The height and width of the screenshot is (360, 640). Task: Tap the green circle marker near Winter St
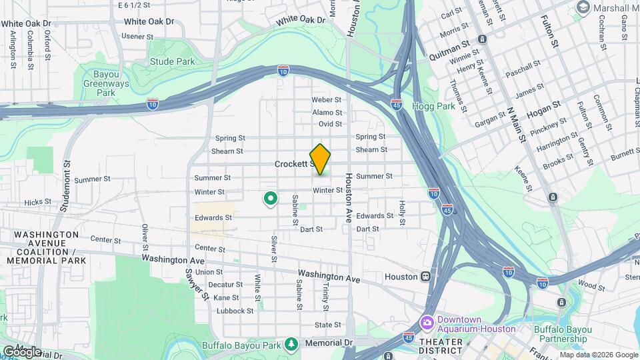[x=271, y=198]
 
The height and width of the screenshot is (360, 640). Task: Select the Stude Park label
[x=172, y=62]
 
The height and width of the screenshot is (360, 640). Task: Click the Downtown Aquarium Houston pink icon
[x=427, y=323]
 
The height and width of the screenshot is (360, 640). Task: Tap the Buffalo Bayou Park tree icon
[x=291, y=344]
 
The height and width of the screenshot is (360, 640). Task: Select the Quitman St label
[x=450, y=41]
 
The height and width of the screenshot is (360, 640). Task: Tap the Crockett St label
[x=294, y=163]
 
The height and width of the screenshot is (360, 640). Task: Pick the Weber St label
[x=326, y=100]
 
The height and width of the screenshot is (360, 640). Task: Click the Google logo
[x=22, y=351]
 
